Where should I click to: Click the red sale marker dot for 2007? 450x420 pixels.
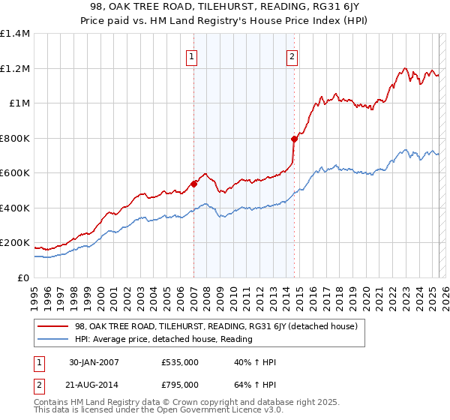193,183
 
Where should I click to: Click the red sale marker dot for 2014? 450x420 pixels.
294,138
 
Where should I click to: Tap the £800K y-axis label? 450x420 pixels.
15,138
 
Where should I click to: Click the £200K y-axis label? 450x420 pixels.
15,243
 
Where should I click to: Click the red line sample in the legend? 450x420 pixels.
53,326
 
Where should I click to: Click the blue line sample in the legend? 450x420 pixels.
53,339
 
